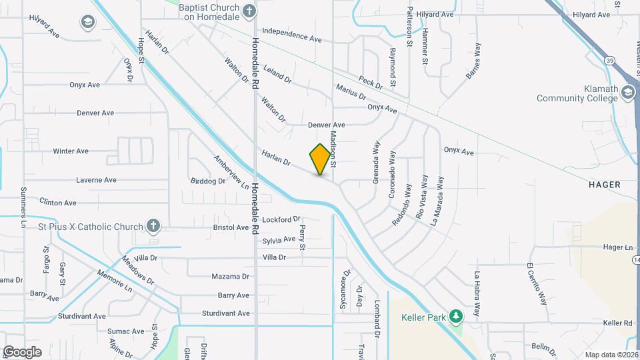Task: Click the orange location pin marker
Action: tap(321, 159)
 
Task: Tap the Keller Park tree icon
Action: tap(456, 315)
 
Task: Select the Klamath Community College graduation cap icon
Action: tap(627, 92)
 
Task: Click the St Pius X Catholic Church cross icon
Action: tap(153, 226)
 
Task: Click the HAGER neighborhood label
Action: tap(605, 184)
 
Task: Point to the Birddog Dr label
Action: tap(208, 181)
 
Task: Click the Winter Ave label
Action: tap(71, 151)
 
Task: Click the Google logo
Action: tap(22, 351)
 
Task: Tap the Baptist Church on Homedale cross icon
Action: tap(249, 11)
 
